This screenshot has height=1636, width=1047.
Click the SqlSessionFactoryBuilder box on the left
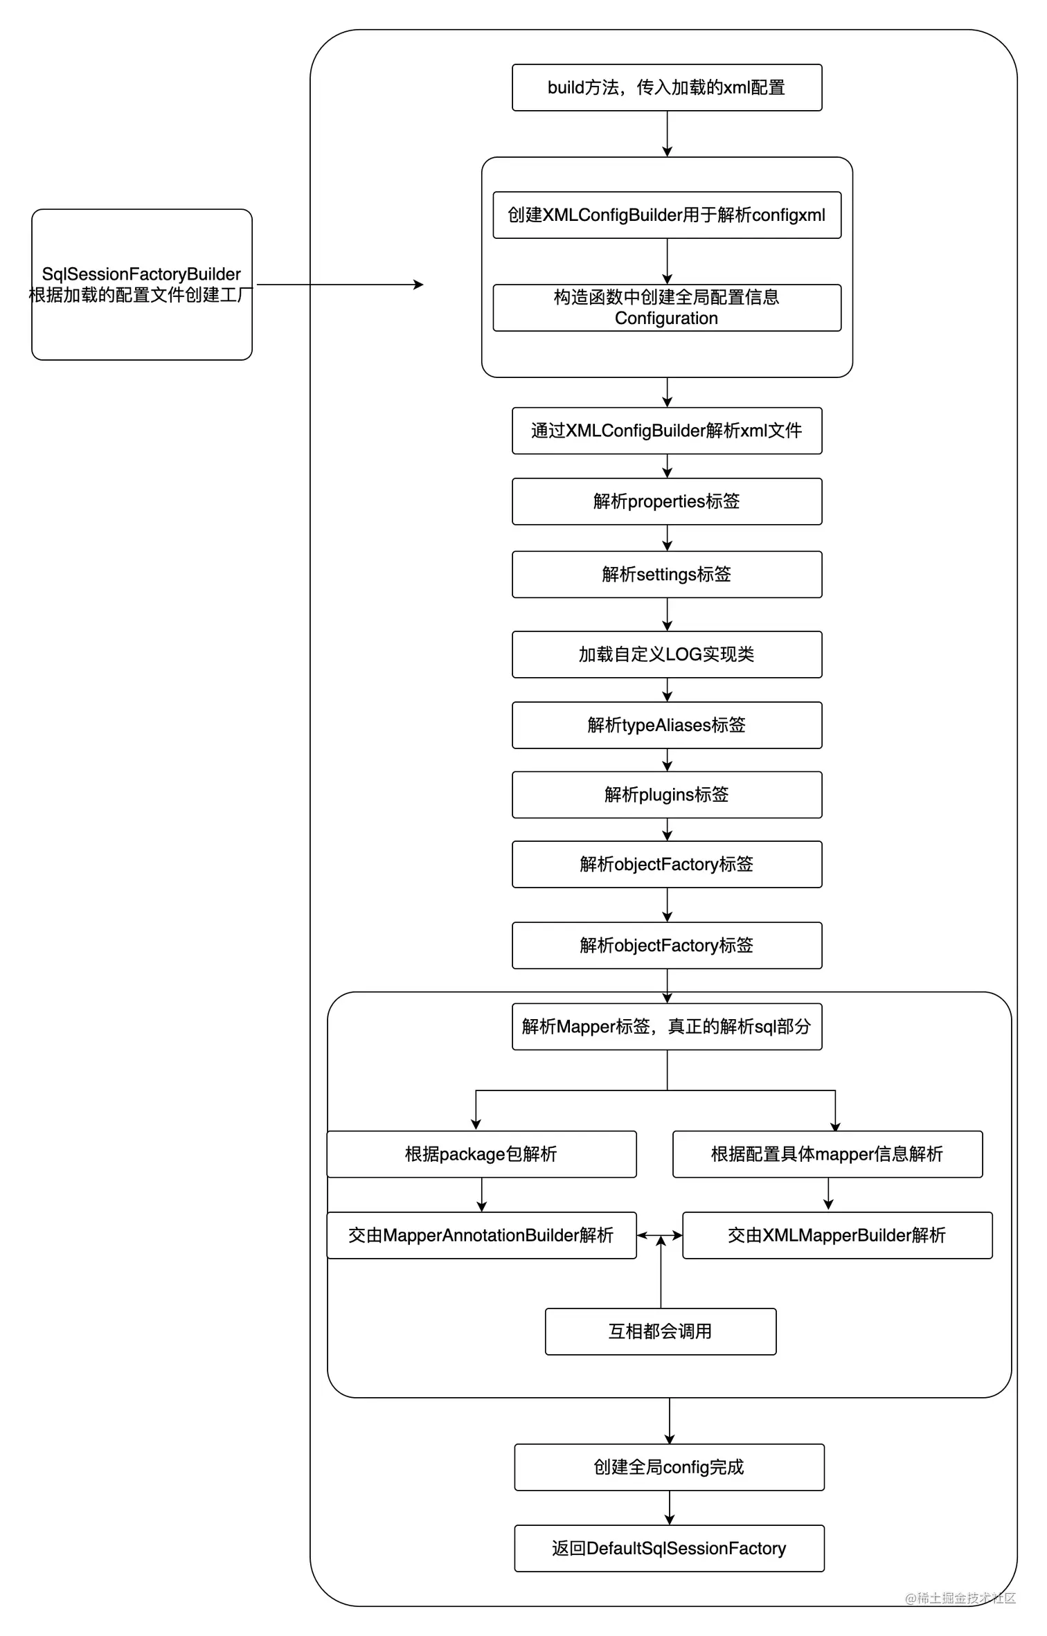tap(141, 285)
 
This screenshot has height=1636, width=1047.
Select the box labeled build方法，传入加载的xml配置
tap(666, 88)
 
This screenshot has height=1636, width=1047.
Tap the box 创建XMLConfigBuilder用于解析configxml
tap(666, 215)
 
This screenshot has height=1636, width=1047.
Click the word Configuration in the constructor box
tap(666, 318)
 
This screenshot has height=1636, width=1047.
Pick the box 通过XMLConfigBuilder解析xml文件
tap(666, 431)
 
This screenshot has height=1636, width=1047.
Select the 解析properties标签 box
tap(666, 501)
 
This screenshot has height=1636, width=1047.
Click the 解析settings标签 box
tap(666, 575)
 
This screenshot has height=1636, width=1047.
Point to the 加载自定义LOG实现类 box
tap(666, 654)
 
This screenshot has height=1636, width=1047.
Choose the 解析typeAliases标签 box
tap(666, 725)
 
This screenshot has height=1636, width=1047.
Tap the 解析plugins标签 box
tap(666, 795)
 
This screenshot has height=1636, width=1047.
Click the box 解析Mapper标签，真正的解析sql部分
tap(666, 1027)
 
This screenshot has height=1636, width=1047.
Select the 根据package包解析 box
tap(481, 1154)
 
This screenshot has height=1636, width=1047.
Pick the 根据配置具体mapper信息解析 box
tap(827, 1154)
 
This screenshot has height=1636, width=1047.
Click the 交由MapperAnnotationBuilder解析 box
tap(481, 1235)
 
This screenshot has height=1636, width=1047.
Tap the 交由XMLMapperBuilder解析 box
tap(836, 1235)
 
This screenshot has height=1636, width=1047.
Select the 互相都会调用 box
tap(660, 1331)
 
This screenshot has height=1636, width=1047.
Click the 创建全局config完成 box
tap(669, 1467)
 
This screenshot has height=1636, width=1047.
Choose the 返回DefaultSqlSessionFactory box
tap(669, 1548)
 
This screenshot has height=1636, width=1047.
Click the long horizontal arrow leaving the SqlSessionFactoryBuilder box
tap(339, 285)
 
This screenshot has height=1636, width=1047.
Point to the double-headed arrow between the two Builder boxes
tap(659, 1235)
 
